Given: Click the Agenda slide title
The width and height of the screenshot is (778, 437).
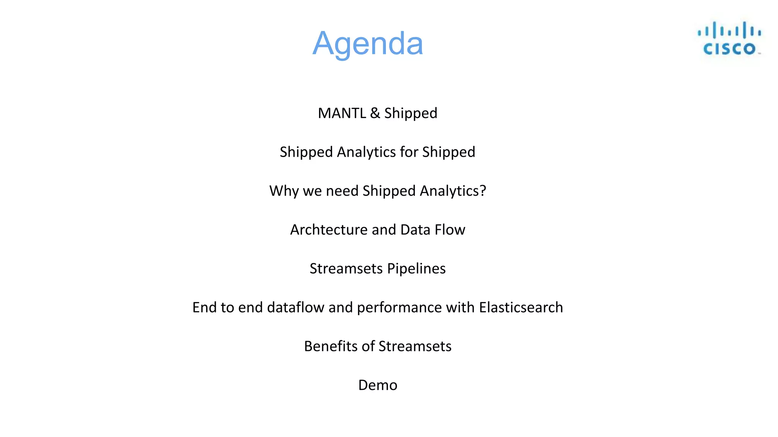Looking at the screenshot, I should pyautogui.click(x=367, y=44).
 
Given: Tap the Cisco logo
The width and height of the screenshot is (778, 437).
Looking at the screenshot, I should pyautogui.click(x=729, y=39).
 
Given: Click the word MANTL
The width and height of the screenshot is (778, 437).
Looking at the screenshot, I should pyautogui.click(x=342, y=113).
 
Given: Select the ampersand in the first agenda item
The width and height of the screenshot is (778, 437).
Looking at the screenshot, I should pyautogui.click(x=375, y=113).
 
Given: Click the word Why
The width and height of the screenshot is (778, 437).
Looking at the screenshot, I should pyautogui.click(x=284, y=191).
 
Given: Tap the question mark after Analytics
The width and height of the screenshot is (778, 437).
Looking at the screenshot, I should pyautogui.click(x=483, y=191).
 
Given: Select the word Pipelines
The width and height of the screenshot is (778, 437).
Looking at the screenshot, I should pyautogui.click(x=416, y=269).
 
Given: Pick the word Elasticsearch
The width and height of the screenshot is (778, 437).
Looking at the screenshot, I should pyautogui.click(x=521, y=307).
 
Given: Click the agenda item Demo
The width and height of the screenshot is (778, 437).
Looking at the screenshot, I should pyautogui.click(x=378, y=385).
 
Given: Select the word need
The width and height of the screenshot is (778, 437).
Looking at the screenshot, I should pyautogui.click(x=342, y=191).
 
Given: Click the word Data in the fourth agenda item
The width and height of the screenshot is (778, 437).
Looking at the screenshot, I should pyautogui.click(x=415, y=230).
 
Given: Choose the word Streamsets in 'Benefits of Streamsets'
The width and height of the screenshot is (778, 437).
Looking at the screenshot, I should pyautogui.click(x=415, y=346).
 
